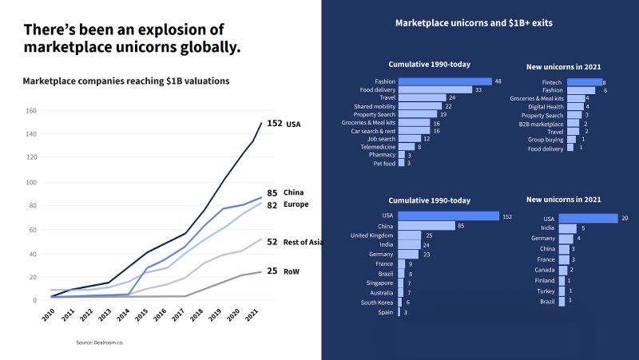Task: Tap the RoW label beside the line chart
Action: pos(291,271)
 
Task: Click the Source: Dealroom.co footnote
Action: pos(101,342)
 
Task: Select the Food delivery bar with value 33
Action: pos(435,90)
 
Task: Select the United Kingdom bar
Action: pos(409,235)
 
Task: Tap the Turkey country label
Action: pos(545,291)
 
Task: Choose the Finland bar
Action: pos(562,281)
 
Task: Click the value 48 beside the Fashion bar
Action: pos(498,81)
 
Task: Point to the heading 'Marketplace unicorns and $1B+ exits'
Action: pos(474,23)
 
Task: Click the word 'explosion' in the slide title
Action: pos(161,30)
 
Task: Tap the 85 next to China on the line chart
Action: pos(272,193)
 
